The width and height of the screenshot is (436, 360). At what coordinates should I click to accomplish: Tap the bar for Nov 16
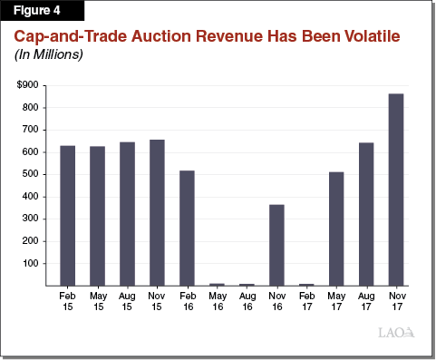coord(276,245)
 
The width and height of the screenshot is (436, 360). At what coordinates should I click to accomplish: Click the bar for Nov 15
coord(157,212)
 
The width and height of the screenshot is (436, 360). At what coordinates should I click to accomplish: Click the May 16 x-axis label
coord(217,301)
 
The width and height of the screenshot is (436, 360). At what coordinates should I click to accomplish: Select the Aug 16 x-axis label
coord(247,301)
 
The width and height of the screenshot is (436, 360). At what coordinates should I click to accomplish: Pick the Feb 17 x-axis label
coord(306,301)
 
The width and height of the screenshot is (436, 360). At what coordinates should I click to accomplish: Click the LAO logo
coord(396,333)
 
